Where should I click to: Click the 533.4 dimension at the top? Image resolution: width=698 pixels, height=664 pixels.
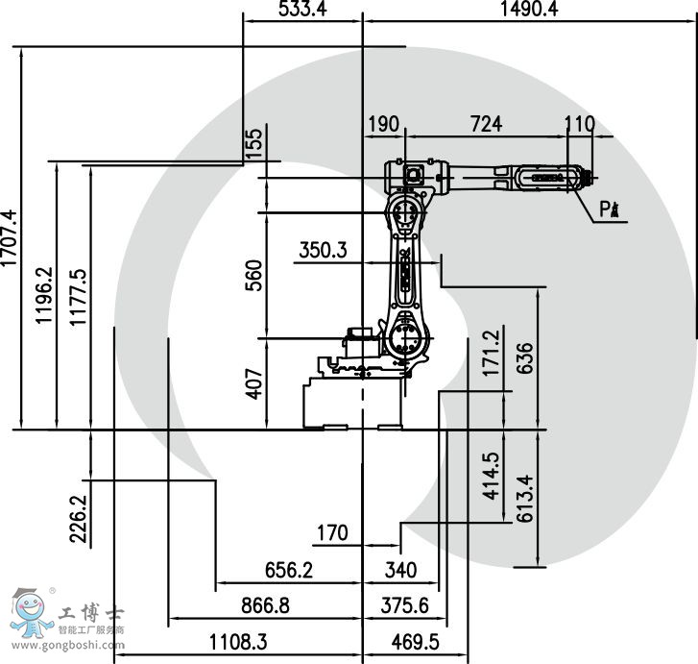(301, 10)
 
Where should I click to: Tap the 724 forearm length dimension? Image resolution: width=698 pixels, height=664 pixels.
(485, 124)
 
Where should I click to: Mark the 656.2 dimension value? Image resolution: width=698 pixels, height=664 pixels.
(289, 570)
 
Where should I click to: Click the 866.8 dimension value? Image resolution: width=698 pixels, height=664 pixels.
(265, 605)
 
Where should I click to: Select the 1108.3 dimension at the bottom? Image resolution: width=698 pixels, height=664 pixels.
(239, 641)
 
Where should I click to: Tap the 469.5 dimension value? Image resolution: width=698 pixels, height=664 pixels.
(413, 641)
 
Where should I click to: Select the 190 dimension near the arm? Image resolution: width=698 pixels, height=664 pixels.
(382, 124)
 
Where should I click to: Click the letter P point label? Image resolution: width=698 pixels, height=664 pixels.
(606, 209)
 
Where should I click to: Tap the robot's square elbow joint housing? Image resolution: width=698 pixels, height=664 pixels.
(415, 175)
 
